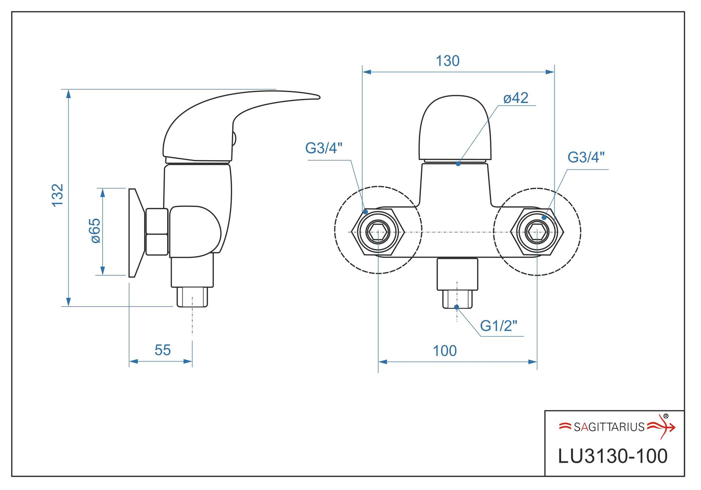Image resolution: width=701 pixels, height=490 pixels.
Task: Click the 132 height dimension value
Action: (x=58, y=196)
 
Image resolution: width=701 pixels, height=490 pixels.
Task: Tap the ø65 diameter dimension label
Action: (x=95, y=231)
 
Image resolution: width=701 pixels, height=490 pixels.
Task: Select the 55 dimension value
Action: (x=162, y=350)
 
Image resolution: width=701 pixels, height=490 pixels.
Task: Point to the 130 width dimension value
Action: (x=448, y=61)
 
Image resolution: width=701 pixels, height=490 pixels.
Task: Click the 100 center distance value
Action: (x=445, y=351)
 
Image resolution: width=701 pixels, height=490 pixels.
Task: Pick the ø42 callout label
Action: (x=516, y=98)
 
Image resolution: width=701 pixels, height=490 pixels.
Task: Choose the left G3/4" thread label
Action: (x=324, y=148)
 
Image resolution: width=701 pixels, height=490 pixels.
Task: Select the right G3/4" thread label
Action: (x=586, y=158)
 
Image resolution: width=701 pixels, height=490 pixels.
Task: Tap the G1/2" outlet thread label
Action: (x=498, y=326)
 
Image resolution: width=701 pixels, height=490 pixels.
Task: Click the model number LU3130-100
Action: (x=612, y=456)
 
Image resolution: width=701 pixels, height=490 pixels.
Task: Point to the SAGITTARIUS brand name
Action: (x=609, y=427)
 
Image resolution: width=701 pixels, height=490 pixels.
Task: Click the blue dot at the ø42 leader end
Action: (x=458, y=164)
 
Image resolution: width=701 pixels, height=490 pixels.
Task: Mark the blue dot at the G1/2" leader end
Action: (x=457, y=307)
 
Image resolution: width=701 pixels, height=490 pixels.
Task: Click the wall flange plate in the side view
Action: (x=135, y=232)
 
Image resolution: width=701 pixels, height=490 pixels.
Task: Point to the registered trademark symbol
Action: (x=666, y=416)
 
